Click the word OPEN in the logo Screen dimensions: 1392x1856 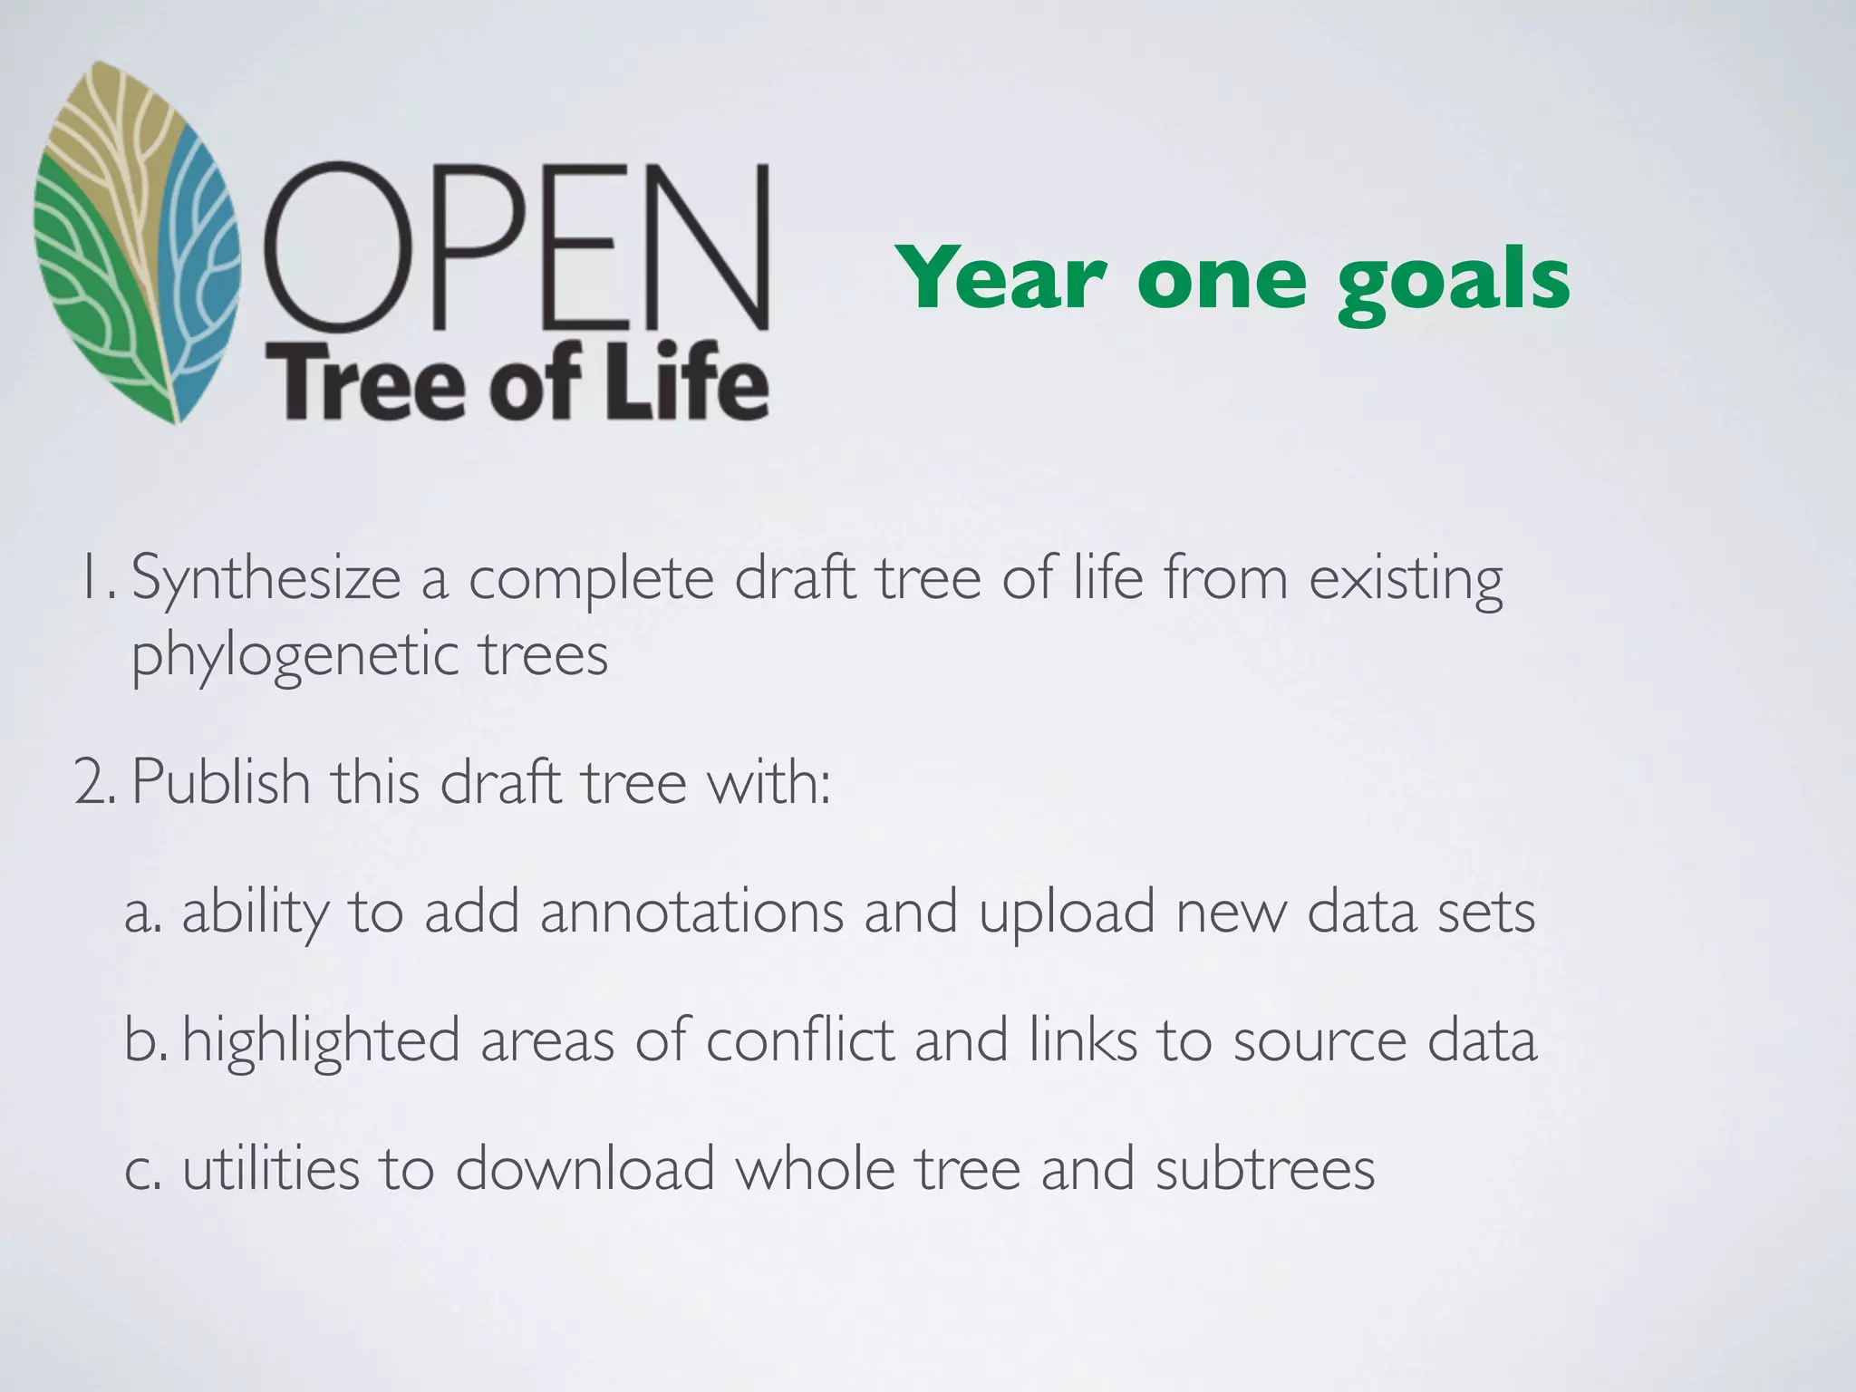click(517, 246)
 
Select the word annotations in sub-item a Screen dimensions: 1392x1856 click(692, 912)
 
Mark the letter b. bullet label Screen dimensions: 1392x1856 click(145, 1040)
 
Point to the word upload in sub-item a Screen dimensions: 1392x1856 click(1067, 913)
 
